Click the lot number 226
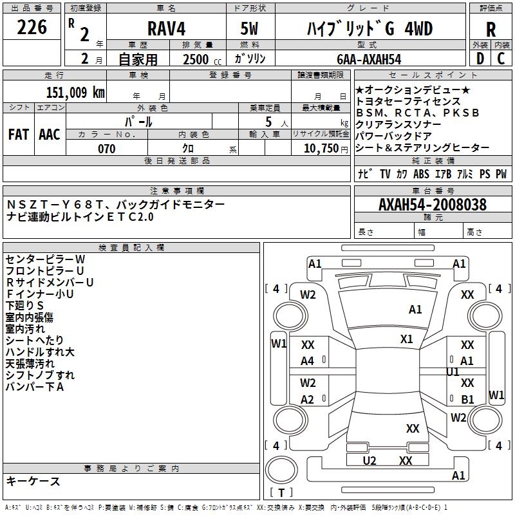click(x=32, y=28)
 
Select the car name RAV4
click(x=165, y=30)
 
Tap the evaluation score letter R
click(x=491, y=30)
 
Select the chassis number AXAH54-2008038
click(x=433, y=205)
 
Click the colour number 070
click(x=107, y=149)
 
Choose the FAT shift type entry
click(x=18, y=135)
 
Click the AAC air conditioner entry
click(x=49, y=135)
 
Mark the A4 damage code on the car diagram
click(x=308, y=361)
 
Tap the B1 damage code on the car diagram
click(x=467, y=399)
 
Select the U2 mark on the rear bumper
click(x=370, y=460)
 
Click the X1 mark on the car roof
click(x=406, y=339)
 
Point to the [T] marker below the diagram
click(x=281, y=492)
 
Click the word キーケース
click(x=33, y=482)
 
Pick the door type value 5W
click(x=250, y=30)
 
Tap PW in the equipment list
click(x=501, y=174)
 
